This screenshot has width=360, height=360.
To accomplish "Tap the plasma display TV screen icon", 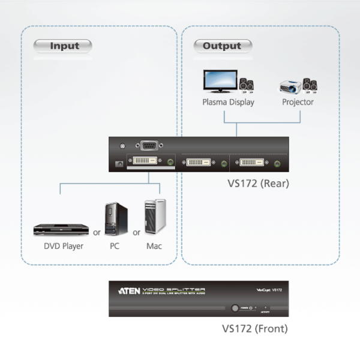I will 220,81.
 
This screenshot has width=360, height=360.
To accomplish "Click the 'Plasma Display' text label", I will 228,102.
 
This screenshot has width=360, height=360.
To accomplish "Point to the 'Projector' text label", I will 298,102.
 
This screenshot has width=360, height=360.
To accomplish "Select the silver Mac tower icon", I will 154,217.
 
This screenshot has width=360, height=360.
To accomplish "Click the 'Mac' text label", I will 154,245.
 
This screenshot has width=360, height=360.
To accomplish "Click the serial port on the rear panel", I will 147,145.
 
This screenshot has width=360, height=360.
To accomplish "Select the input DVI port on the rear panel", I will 145,161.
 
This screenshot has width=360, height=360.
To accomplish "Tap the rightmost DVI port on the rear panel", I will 255,162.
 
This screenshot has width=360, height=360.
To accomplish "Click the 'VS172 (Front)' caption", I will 254,329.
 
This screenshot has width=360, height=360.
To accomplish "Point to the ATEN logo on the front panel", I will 130,290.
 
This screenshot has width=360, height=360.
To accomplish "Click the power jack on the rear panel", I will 119,163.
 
